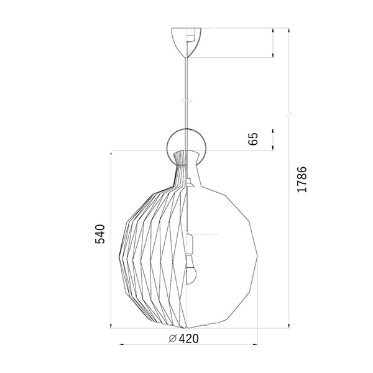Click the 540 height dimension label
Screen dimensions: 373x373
point(100,234)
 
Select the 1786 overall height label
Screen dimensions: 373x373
point(302,180)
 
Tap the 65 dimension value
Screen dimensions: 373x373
point(253,139)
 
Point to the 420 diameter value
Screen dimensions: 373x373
point(188,339)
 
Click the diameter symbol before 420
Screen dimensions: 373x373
point(172,339)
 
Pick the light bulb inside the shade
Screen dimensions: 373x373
point(191,270)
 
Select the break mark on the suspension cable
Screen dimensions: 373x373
point(186,101)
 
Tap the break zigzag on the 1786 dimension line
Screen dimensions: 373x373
point(289,116)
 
